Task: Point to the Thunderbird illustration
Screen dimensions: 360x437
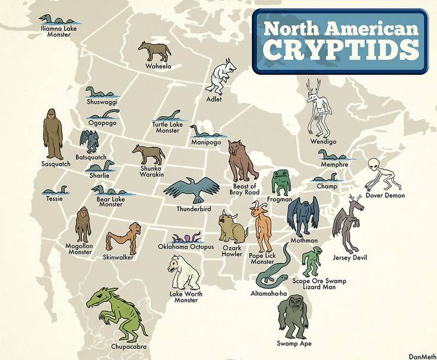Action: tap(191, 190)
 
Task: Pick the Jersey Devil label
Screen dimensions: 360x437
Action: tap(351, 257)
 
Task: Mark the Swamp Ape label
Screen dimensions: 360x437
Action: tap(294, 343)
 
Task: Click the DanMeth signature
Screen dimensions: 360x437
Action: tap(422, 356)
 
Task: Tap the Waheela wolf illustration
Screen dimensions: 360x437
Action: tap(155, 51)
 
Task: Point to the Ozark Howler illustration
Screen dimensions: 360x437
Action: tap(232, 226)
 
